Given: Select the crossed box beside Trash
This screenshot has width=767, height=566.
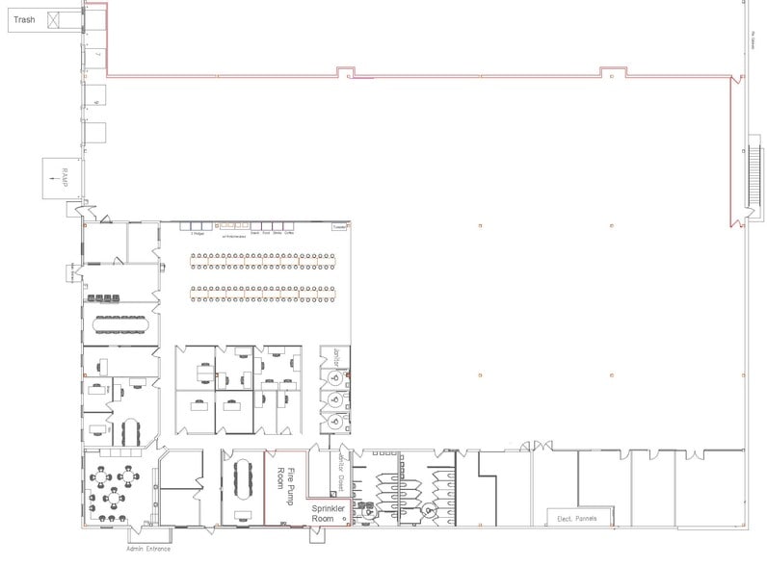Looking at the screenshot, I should (x=57, y=19).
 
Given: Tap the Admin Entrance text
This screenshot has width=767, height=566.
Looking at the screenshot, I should (x=147, y=549).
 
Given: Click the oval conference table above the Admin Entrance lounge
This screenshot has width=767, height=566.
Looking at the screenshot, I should (x=131, y=429).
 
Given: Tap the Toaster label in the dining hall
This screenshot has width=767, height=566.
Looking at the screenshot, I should (x=337, y=227).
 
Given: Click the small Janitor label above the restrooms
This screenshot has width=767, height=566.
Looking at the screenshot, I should (x=336, y=354).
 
